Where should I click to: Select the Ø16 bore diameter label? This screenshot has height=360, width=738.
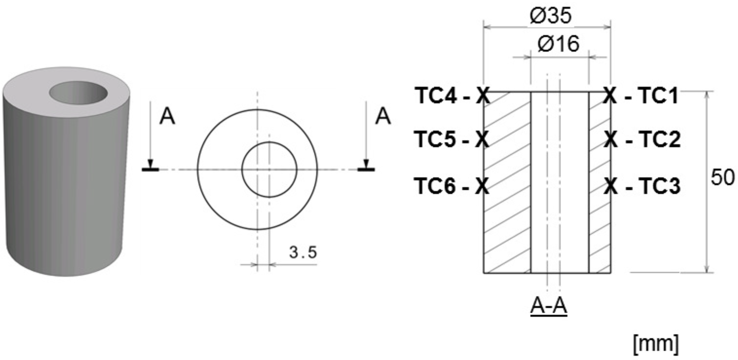558,44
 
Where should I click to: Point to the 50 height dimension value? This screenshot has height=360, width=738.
722,178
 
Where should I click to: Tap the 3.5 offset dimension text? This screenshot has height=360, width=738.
303,253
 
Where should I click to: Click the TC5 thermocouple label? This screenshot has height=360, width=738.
435,140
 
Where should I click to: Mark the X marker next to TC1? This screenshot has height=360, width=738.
610,96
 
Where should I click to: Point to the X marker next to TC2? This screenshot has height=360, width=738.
610,140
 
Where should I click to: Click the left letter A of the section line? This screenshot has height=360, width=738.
167,117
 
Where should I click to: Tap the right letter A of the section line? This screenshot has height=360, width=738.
383,117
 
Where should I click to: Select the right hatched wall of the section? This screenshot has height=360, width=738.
600,183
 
